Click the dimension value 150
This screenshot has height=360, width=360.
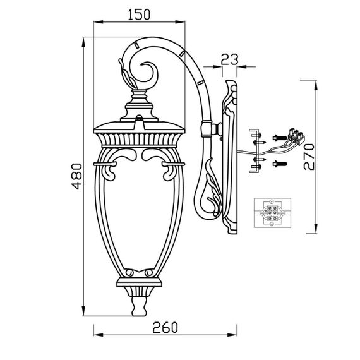(x=139, y=15)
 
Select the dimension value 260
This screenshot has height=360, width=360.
(x=165, y=327)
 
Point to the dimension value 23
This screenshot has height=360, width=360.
(x=230, y=59)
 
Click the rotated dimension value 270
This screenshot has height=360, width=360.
(x=309, y=157)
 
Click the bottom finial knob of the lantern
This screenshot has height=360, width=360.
(x=139, y=306)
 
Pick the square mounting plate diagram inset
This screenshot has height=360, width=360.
(x=272, y=213)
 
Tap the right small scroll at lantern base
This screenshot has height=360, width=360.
(x=149, y=273)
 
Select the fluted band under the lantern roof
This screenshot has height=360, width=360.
(x=139, y=140)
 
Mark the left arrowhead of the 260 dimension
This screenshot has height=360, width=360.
(x=98, y=335)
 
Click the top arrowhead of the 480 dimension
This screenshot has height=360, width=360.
(x=83, y=42)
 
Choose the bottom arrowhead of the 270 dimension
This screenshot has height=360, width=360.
(x=316, y=229)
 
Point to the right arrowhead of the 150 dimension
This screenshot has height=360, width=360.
(x=180, y=22)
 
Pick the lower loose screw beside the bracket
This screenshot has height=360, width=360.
(x=280, y=164)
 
